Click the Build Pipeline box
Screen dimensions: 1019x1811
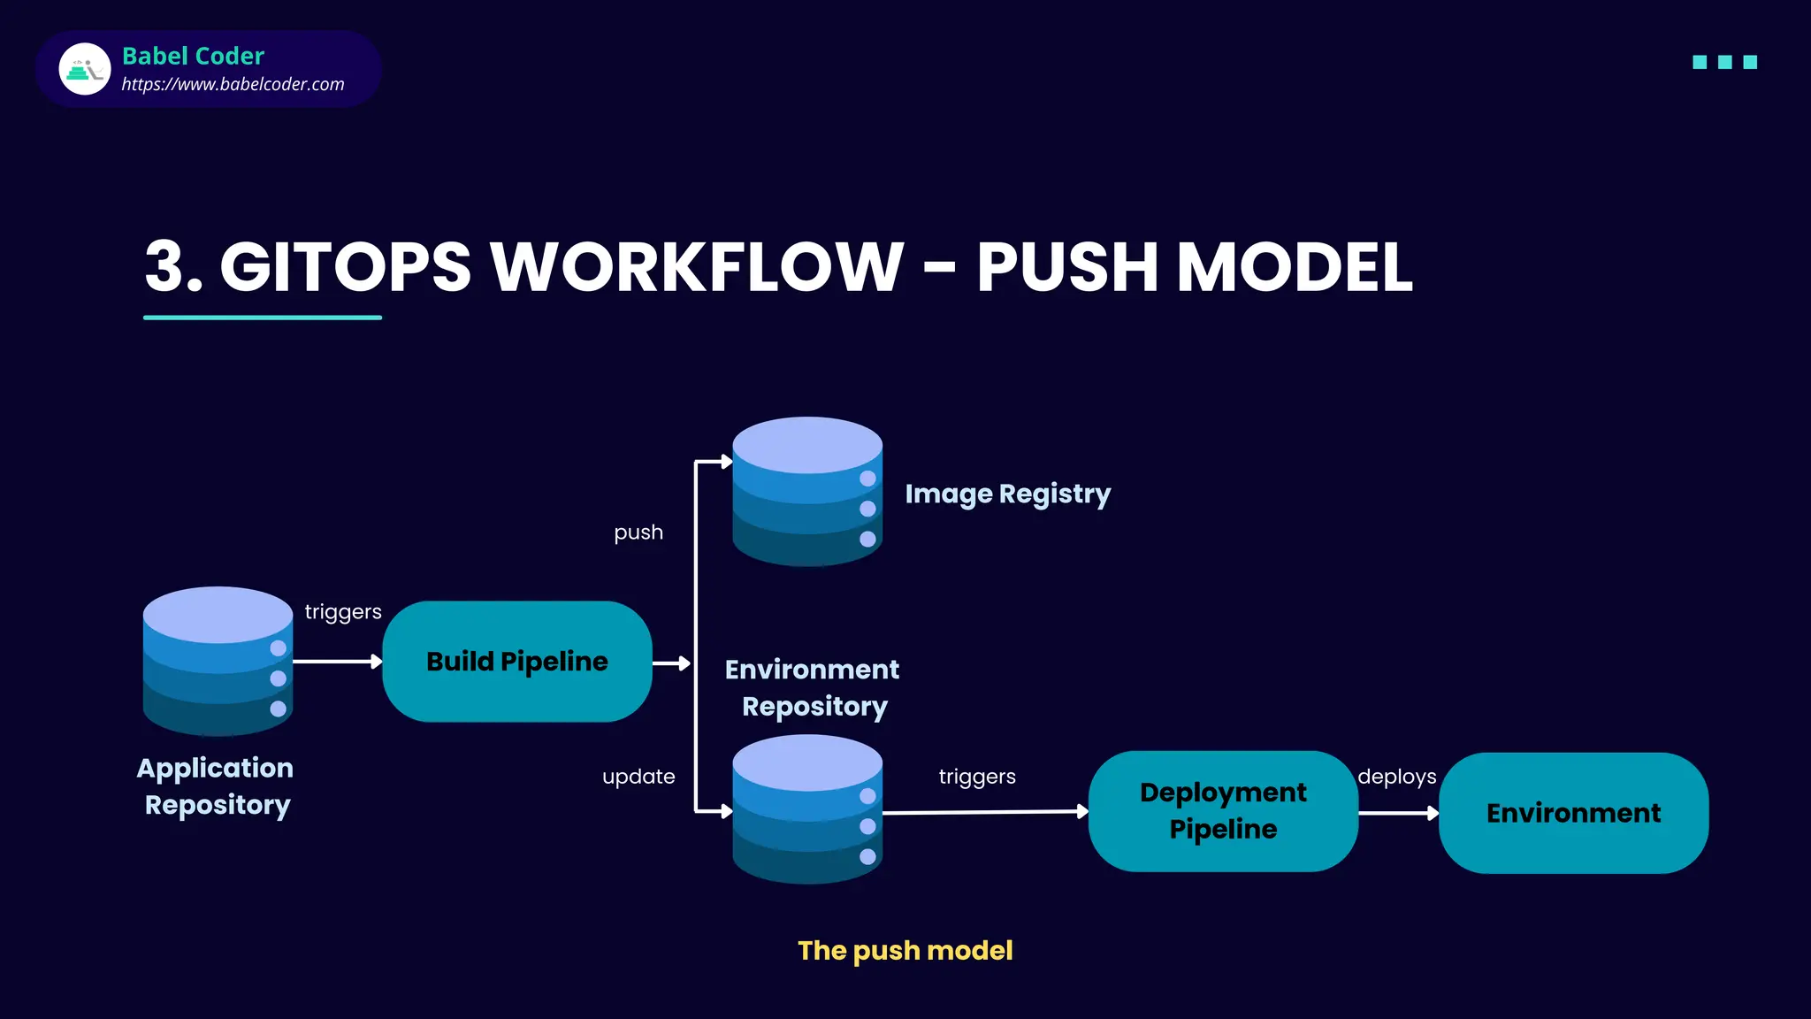click(x=517, y=662)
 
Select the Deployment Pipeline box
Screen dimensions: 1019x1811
click(x=1223, y=811)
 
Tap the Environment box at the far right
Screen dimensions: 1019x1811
click(x=1573, y=813)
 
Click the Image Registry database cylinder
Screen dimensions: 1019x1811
click(x=807, y=492)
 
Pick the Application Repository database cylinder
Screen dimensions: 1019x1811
click(x=218, y=662)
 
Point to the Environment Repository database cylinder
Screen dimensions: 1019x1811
click(x=807, y=809)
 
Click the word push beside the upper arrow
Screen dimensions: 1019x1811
click(x=638, y=532)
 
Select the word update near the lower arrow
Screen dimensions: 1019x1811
click(x=638, y=777)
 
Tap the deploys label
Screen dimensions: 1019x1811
click(x=1396, y=777)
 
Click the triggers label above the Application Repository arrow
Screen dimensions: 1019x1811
click(x=343, y=612)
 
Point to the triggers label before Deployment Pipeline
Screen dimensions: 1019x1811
click(x=977, y=777)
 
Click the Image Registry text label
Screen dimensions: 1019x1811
click(x=1007, y=494)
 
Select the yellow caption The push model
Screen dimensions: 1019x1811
click(x=905, y=950)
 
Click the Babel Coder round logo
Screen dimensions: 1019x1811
click(x=85, y=69)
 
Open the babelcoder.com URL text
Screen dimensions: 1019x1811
click(x=233, y=84)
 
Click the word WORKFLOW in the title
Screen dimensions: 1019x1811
click(x=697, y=266)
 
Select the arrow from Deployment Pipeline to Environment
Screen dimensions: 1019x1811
click(x=1398, y=813)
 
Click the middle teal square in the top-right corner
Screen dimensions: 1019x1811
click(x=1724, y=62)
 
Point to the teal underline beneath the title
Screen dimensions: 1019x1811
click(x=263, y=318)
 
